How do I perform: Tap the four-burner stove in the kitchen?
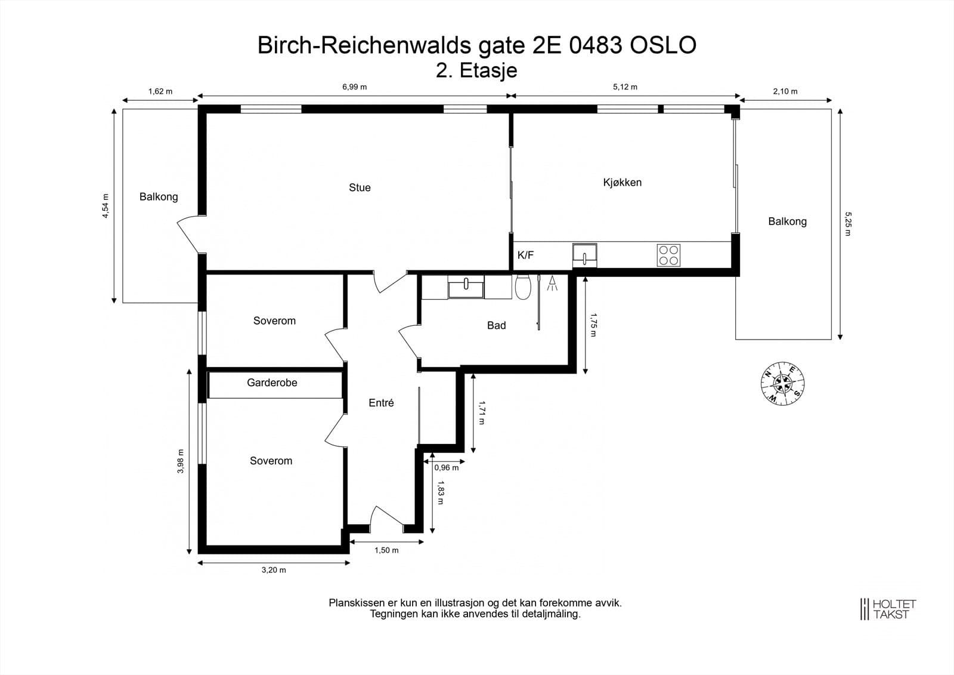click(x=668, y=255)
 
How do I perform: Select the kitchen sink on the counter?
click(x=584, y=255)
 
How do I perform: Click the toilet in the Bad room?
click(x=522, y=287)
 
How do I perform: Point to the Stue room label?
click(x=360, y=187)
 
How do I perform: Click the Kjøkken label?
click(x=622, y=183)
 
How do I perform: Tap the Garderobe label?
click(x=272, y=383)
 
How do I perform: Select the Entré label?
click(x=381, y=403)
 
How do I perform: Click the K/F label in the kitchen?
click(x=525, y=255)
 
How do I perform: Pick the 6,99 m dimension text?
click(x=354, y=87)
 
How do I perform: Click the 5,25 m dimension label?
click(x=847, y=223)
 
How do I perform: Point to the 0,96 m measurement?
click(x=446, y=468)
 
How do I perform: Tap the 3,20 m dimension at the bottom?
click(x=274, y=570)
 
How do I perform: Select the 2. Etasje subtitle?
click(x=476, y=70)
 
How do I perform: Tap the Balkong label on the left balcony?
click(x=159, y=196)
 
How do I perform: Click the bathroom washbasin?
click(x=466, y=287)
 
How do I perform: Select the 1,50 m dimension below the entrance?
click(x=386, y=550)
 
